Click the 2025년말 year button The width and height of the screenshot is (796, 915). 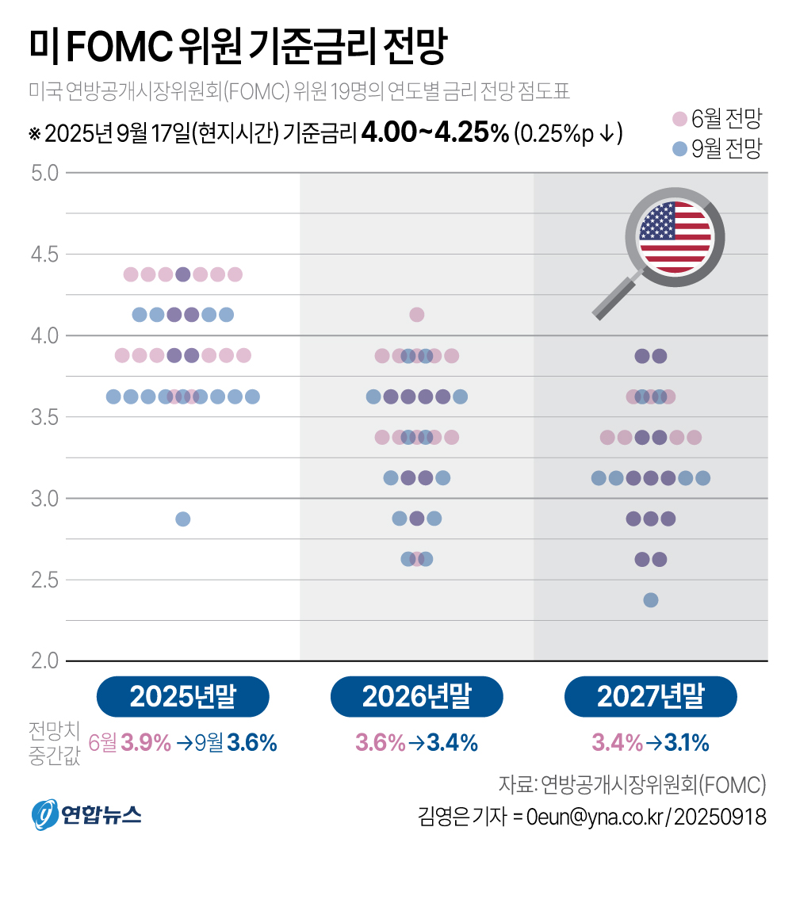click(182, 697)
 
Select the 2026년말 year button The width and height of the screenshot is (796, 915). click(416, 697)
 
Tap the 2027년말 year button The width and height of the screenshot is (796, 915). click(650, 697)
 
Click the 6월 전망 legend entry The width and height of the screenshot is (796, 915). click(717, 120)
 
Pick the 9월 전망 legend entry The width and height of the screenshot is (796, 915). click(717, 148)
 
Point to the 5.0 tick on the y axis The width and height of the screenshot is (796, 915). click(44, 173)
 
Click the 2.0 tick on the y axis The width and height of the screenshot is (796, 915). click(44, 660)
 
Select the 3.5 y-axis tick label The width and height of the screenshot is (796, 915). click(44, 417)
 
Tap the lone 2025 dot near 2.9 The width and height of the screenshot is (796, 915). click(182, 519)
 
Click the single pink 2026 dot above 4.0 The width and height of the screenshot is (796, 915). click(416, 315)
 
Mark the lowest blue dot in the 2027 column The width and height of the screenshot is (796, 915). click(650, 599)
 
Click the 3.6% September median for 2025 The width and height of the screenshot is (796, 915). click(252, 743)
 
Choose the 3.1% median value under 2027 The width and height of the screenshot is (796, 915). click(686, 743)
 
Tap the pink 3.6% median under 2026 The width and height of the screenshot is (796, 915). click(380, 743)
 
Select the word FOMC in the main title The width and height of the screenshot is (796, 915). click(120, 48)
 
